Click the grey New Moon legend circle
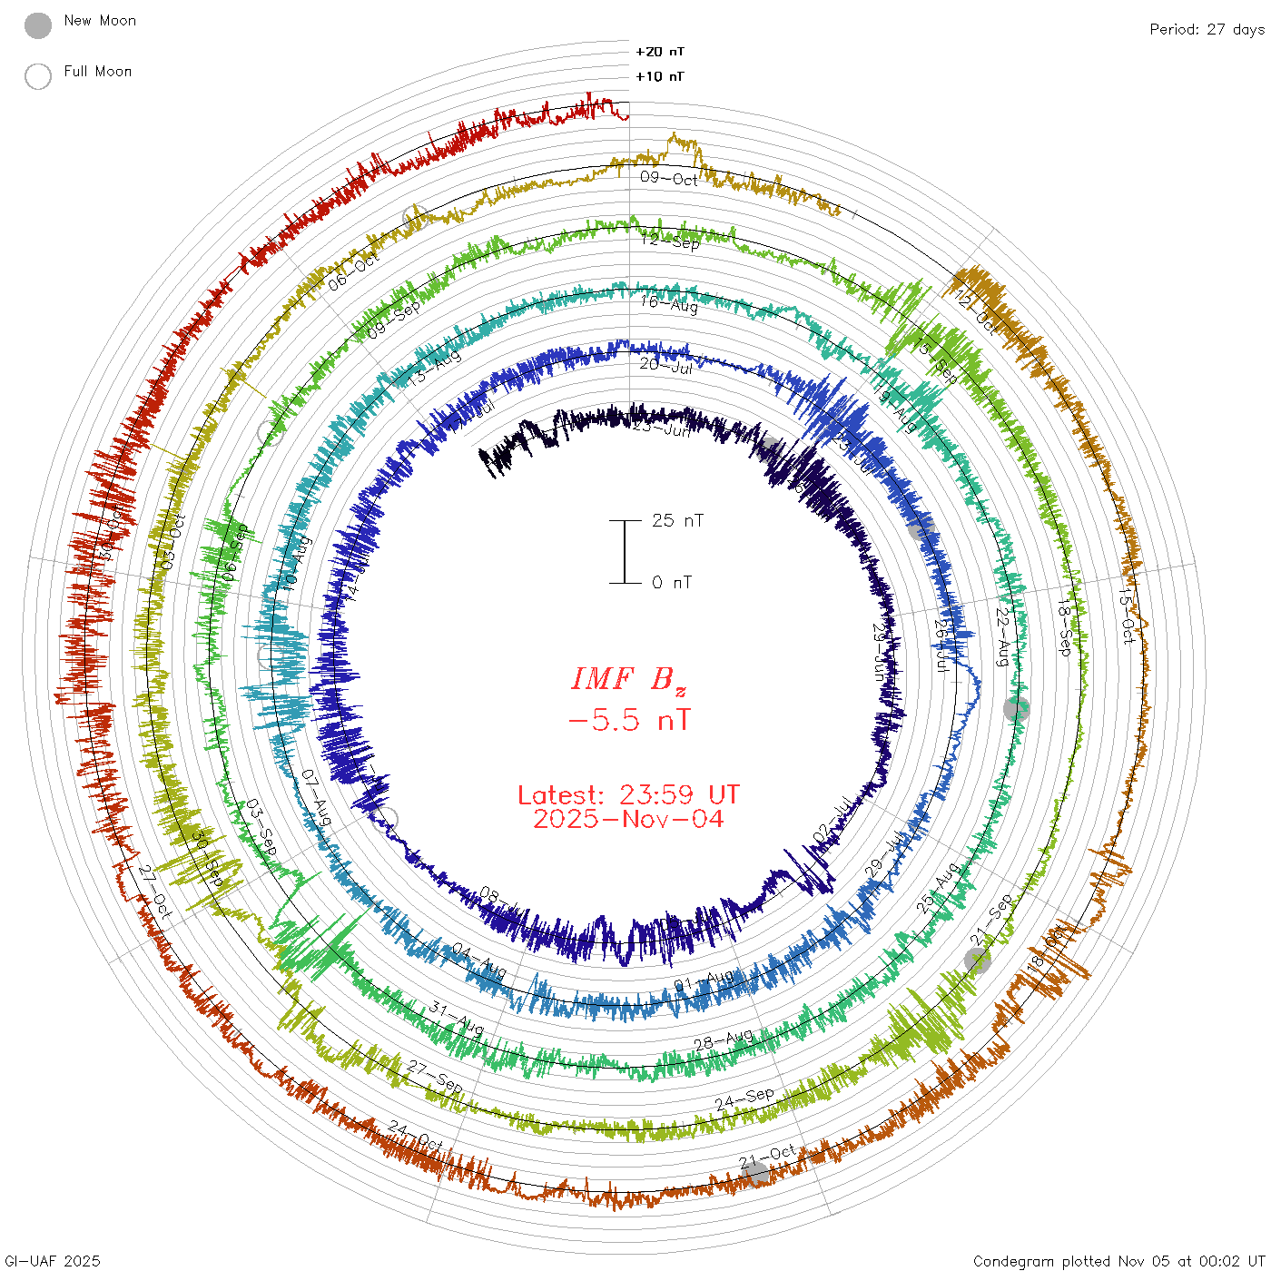pos(38,26)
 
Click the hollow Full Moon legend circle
pos(38,76)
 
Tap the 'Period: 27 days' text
pos(1207,30)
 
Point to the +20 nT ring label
pos(660,52)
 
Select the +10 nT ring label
pos(660,76)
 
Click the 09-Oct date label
pos(669,178)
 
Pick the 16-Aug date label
pos(669,303)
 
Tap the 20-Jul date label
pos(665,365)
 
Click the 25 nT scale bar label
pos(677,521)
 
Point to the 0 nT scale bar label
pos(672,583)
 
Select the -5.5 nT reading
pos(628,721)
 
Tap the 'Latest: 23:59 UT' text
pos(628,795)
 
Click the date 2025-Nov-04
pos(628,819)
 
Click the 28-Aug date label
pos(724,1039)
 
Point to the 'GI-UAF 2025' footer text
pos(52,1261)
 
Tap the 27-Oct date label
pos(155,891)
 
